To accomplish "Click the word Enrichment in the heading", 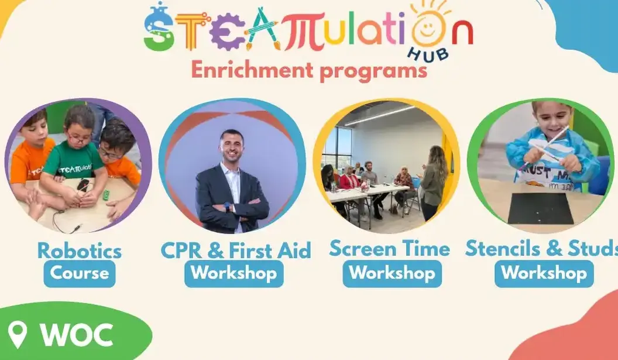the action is (x=252, y=70).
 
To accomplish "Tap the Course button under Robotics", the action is (x=80, y=273).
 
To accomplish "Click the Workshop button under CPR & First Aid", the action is (x=234, y=273).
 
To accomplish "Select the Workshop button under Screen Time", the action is (x=392, y=273).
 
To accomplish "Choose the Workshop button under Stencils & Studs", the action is (x=544, y=273).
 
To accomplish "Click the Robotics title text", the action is (x=80, y=251).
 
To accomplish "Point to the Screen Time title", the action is (x=389, y=248).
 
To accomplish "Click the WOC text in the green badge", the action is (x=77, y=335).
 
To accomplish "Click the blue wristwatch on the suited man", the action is (x=228, y=207).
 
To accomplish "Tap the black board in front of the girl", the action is (x=540, y=208).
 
